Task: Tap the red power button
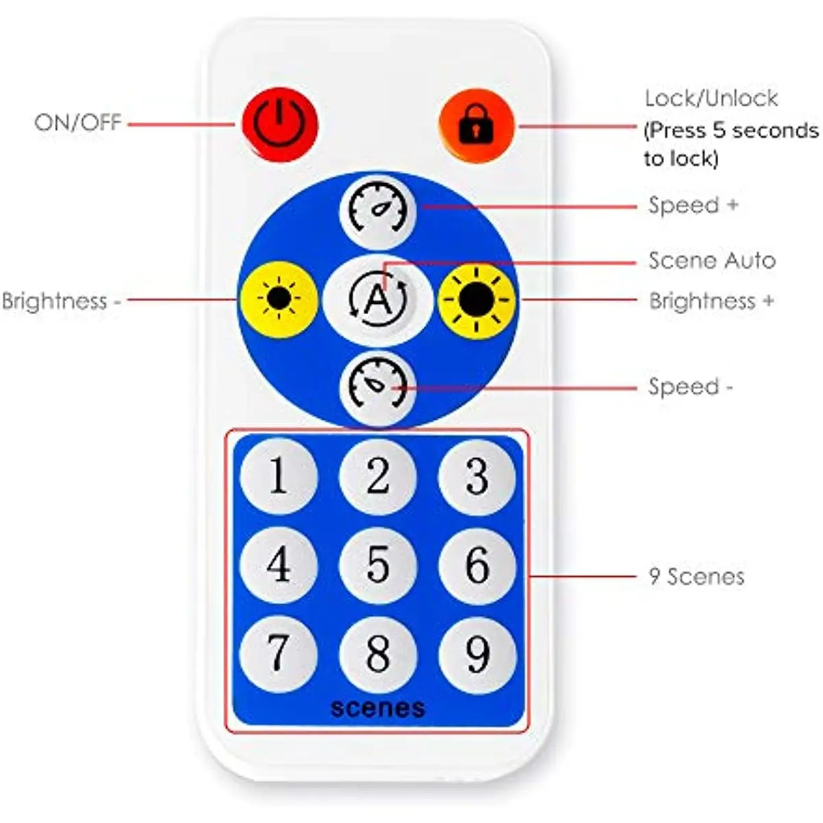279,124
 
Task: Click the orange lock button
476,125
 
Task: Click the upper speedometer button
378,210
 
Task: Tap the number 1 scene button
278,475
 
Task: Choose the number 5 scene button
378,564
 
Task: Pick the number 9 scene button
477,653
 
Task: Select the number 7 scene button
278,653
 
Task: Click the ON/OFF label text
77,123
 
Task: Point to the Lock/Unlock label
711,99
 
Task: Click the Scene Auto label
712,261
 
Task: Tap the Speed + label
693,205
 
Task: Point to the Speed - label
690,387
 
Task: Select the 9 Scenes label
696,576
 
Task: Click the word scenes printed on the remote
378,707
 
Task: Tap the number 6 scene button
477,564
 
